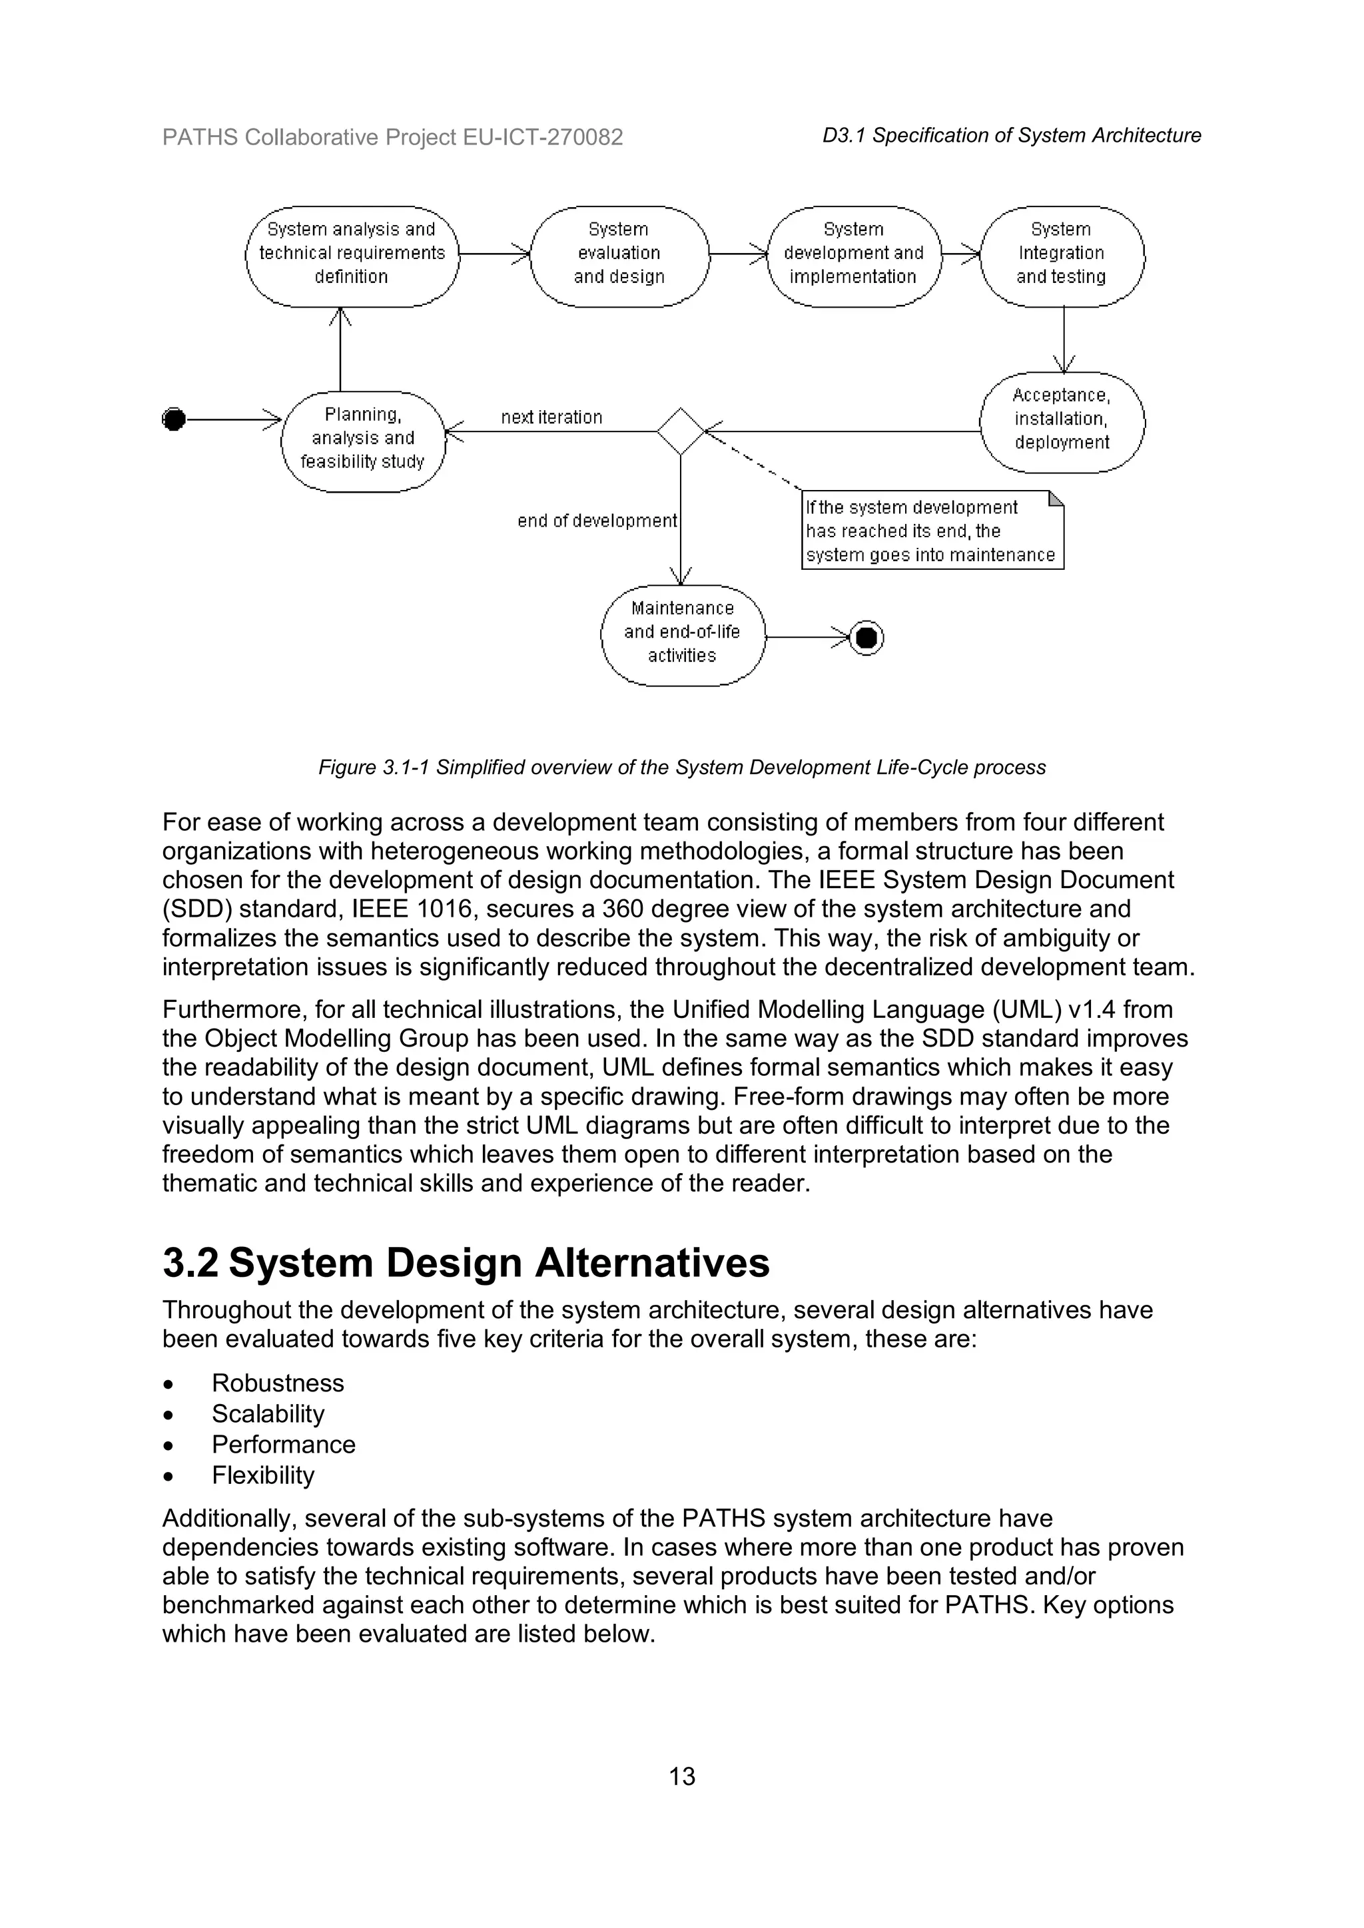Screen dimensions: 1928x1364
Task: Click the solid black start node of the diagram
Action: coord(174,419)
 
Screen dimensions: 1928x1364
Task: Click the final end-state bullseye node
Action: coord(866,638)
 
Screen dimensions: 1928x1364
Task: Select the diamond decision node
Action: coord(680,431)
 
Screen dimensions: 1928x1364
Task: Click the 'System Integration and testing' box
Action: coord(1062,254)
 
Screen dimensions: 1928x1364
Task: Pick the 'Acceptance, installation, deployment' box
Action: coord(1062,419)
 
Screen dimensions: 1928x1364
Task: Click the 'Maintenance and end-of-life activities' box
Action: coord(682,632)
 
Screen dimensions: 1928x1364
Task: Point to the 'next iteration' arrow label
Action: coord(552,417)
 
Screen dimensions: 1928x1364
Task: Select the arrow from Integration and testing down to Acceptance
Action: coord(1064,340)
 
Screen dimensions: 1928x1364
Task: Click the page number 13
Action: coord(682,1776)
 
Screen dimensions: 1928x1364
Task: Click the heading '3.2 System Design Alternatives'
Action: coord(466,1264)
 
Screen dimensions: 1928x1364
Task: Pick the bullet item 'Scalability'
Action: coord(268,1414)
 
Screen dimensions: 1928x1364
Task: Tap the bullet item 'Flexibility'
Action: coord(263,1475)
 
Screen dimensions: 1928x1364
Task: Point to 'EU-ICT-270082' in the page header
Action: coord(543,137)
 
